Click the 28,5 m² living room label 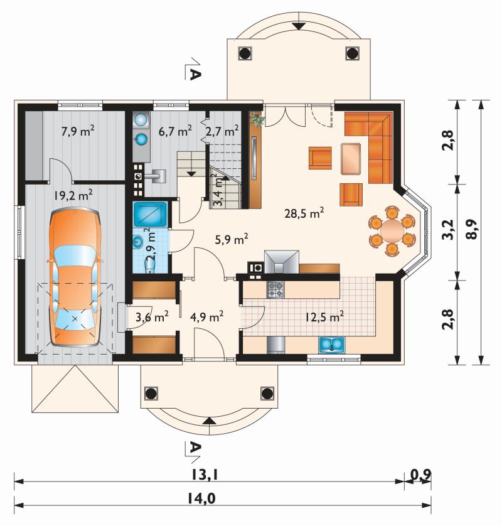[x=304, y=213]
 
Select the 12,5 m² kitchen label [x=324, y=316]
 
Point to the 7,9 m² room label [x=77, y=131]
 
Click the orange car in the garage [x=75, y=277]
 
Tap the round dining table [x=392, y=231]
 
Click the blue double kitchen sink [x=331, y=344]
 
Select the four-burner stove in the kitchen [x=275, y=290]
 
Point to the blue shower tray [x=150, y=213]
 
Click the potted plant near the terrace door [x=257, y=119]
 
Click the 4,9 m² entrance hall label [x=206, y=316]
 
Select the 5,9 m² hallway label [x=232, y=240]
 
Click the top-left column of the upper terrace [x=245, y=53]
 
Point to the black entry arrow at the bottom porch [x=208, y=421]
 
